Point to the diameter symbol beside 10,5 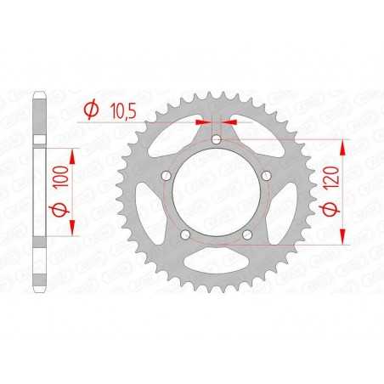tap(89, 109)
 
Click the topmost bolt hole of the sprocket tap(216, 138)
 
